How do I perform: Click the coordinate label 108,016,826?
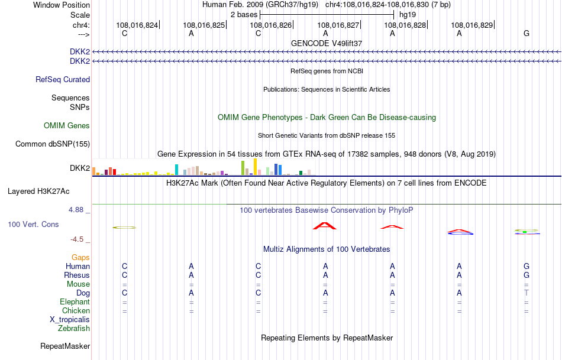click(271, 25)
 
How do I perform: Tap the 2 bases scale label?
click(243, 14)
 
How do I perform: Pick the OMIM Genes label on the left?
click(67, 125)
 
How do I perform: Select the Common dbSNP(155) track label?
click(53, 144)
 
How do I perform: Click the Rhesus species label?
click(77, 275)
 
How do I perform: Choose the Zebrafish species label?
click(74, 328)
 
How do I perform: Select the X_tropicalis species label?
click(70, 319)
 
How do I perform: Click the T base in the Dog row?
click(527, 293)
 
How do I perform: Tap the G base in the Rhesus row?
click(527, 275)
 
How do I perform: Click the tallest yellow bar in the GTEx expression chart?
click(255, 167)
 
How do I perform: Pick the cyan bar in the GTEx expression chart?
click(176, 170)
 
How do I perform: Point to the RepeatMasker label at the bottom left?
click(65, 346)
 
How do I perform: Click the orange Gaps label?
click(80, 257)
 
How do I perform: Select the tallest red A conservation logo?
click(324, 225)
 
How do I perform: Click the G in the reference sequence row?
click(527, 33)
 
